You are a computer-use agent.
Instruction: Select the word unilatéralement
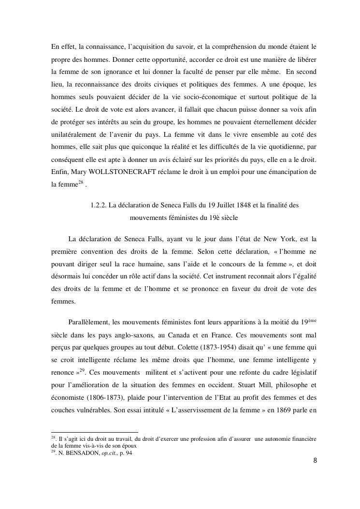75,133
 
